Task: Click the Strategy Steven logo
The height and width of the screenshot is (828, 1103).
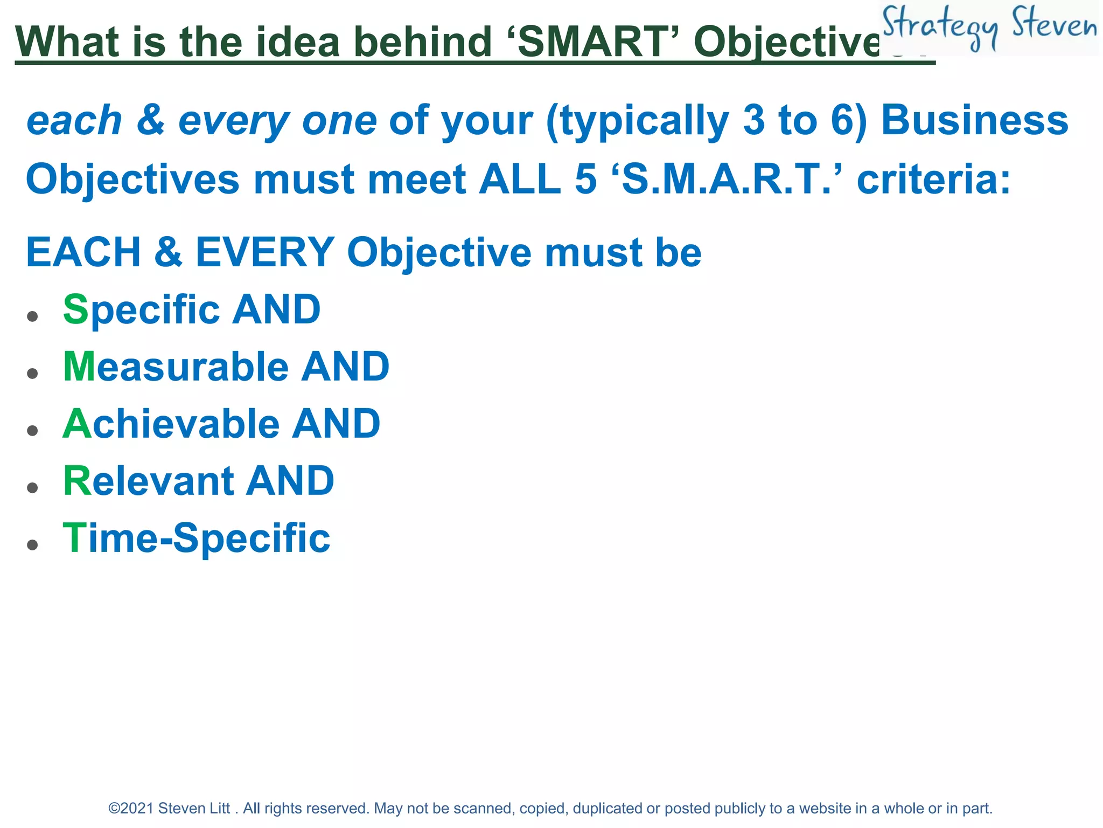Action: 989,27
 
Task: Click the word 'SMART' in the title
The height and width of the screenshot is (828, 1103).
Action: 592,42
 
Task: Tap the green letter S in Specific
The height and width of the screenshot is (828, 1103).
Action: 75,309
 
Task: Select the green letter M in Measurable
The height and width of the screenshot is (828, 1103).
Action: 79,367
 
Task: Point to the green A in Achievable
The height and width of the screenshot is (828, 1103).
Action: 78,424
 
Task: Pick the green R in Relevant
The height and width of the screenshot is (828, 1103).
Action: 76,481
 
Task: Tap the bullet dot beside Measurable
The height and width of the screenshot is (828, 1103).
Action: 33,373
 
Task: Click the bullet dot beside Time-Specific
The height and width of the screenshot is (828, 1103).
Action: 33,544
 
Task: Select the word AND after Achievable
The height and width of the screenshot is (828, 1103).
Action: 336,424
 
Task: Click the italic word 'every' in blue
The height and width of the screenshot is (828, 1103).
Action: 234,121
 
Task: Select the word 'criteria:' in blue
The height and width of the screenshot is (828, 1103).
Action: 933,179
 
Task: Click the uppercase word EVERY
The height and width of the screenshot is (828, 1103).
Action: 265,252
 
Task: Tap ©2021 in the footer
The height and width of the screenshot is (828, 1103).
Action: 131,809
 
